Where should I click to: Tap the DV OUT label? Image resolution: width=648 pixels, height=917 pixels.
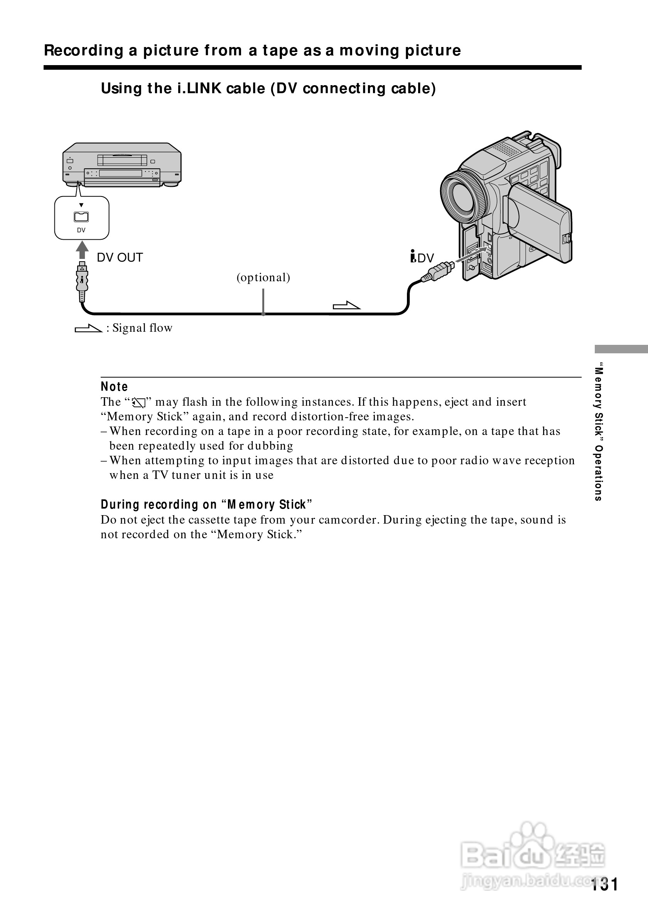click(120, 258)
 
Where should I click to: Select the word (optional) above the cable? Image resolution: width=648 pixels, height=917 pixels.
click(263, 277)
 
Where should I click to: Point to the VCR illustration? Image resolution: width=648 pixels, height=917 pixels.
click(122, 165)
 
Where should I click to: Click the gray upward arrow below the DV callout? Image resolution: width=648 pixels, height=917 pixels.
click(82, 250)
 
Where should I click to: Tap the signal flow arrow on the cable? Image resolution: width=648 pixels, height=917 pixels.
click(347, 306)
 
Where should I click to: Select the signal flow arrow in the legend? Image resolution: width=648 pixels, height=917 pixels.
click(88, 328)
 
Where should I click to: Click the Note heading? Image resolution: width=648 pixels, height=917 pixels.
click(114, 386)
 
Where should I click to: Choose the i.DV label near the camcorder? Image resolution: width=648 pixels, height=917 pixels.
click(422, 258)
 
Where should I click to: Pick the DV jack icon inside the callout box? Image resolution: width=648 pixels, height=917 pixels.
click(81, 217)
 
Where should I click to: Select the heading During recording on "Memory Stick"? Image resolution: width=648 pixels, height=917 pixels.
click(206, 505)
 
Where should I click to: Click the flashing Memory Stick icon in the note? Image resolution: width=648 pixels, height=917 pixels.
click(138, 403)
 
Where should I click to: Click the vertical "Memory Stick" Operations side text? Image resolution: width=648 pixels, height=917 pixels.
click(598, 432)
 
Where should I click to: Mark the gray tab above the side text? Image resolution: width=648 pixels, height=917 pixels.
click(621, 349)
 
